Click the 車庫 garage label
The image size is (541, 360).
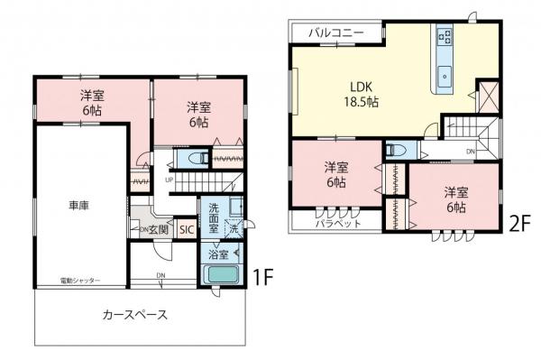pyautogui.click(x=78, y=206)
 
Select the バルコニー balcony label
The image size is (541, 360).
pyautogui.click(x=335, y=32)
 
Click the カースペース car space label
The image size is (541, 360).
pyautogui.click(x=134, y=316)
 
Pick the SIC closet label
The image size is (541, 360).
pyautogui.click(x=187, y=229)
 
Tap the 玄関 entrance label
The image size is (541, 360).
pyautogui.click(x=160, y=229)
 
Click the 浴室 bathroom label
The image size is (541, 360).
pyautogui.click(x=218, y=255)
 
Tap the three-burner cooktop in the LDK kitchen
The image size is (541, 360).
pyautogui.click(x=445, y=37)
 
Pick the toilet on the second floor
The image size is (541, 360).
pyautogui.click(x=397, y=151)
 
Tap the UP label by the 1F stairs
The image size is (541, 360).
pyautogui.click(x=169, y=178)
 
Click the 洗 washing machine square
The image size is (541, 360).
pyautogui.click(x=234, y=229)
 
